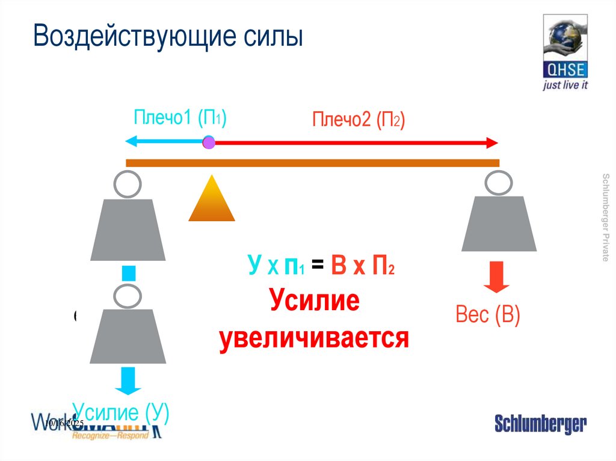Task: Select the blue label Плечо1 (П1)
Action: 180,118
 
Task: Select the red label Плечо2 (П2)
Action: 359,120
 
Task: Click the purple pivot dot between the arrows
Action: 209,142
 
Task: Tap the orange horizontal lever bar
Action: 313,163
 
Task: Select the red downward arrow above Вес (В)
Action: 496,276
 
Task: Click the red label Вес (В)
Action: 488,315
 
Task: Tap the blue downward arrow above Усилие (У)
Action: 128,380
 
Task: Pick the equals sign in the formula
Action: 318,266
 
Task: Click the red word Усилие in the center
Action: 314,300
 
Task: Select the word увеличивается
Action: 314,338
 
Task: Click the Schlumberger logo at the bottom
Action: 540,424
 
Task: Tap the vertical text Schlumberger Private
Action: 605,216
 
